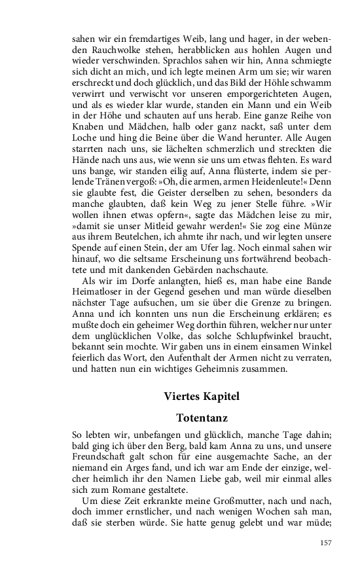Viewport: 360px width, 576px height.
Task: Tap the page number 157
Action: point(327,543)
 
